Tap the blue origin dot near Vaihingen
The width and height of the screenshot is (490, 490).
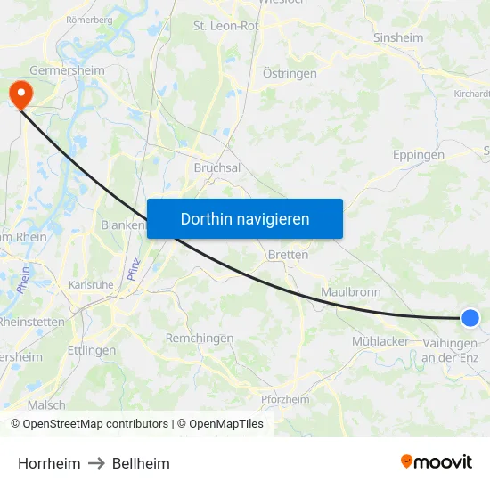click(470, 318)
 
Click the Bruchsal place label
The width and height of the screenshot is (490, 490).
click(217, 167)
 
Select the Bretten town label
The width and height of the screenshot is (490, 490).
click(288, 255)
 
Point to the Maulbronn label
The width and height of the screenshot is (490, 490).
click(351, 291)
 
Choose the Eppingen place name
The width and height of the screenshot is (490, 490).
click(419, 155)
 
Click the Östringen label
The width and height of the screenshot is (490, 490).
click(290, 74)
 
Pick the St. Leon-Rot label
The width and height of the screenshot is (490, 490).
click(226, 26)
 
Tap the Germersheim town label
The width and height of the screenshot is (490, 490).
click(67, 70)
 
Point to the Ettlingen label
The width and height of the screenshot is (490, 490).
click(92, 350)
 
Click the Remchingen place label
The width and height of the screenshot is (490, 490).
click(200, 339)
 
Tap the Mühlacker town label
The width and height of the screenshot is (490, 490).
click(380, 341)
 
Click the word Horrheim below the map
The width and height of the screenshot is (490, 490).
click(49, 463)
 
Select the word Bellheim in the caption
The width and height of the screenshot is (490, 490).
click(141, 463)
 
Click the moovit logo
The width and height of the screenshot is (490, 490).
click(437, 461)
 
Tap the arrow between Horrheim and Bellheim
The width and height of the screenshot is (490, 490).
click(96, 463)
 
